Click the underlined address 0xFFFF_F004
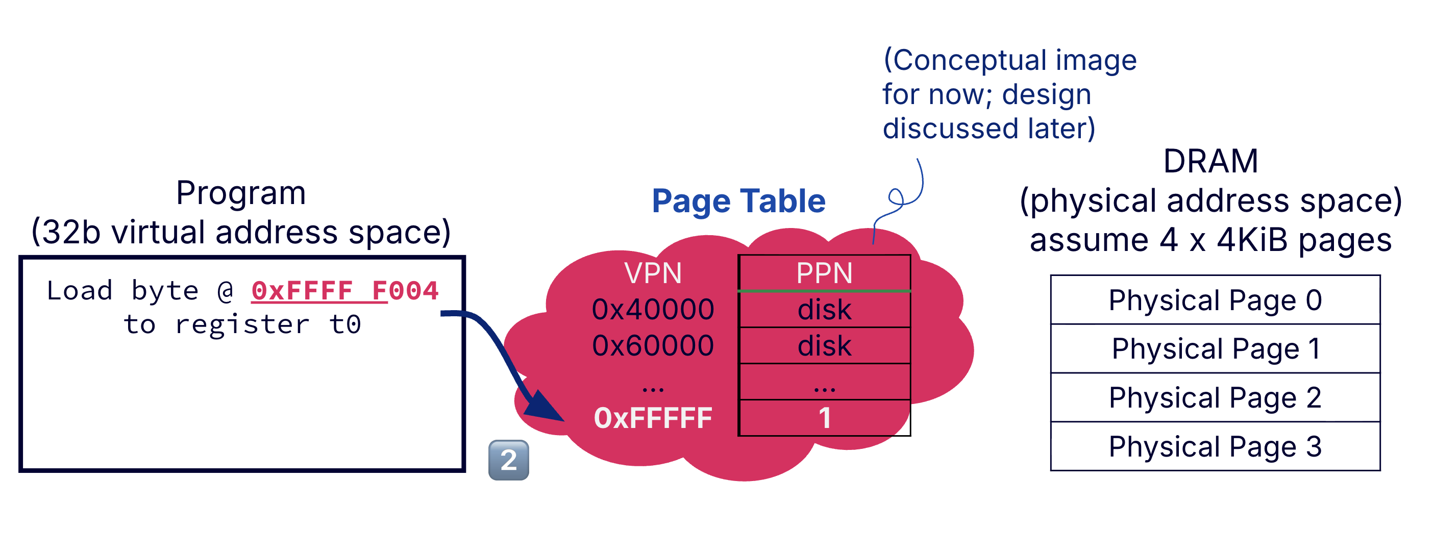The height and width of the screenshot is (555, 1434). pos(344,291)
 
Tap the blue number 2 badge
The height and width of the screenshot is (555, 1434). pos(508,460)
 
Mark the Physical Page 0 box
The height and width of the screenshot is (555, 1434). pos(1215,300)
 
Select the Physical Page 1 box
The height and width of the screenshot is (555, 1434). pos(1215,348)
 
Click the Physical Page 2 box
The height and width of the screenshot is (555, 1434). pos(1215,397)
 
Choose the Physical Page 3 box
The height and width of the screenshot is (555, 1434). pos(1215,446)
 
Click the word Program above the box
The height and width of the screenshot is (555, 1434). pos(240,193)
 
